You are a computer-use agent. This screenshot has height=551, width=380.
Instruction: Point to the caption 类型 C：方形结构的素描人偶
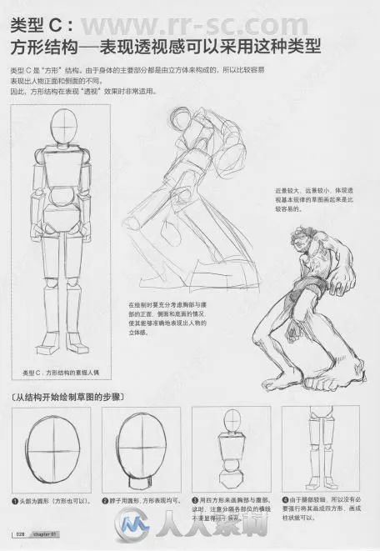(x=66, y=373)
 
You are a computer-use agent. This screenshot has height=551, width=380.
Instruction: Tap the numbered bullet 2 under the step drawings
(x=107, y=500)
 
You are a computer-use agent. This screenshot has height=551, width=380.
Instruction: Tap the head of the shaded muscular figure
(x=303, y=243)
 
